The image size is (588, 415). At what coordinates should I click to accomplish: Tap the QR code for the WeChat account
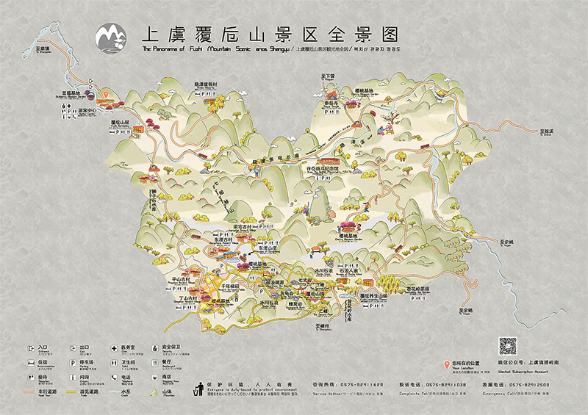click(508, 347)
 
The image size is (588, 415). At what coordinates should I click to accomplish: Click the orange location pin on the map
click(105, 95)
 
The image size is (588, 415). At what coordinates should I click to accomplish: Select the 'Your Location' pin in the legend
click(445, 365)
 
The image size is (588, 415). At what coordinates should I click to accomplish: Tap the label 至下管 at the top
click(326, 76)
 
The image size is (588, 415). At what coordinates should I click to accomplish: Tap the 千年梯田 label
click(223, 284)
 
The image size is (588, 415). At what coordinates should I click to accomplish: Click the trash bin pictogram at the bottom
click(197, 387)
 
